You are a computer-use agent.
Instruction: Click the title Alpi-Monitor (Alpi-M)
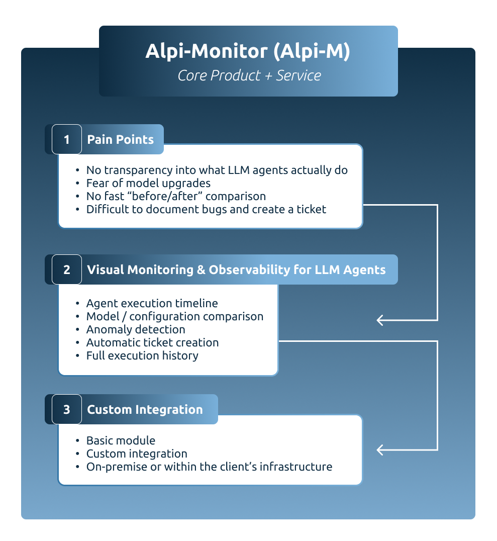click(248, 52)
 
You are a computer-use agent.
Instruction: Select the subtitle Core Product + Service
click(249, 75)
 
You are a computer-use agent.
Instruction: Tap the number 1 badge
click(66, 139)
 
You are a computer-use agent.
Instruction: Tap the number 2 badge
click(66, 269)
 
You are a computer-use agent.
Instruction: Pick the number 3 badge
click(66, 409)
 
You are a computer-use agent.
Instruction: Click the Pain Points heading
click(120, 139)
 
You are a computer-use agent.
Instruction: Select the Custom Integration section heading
click(145, 409)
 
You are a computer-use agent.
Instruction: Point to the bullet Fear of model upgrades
click(148, 183)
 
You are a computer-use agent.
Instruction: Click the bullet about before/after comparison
click(176, 196)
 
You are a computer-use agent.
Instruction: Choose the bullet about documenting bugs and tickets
click(206, 209)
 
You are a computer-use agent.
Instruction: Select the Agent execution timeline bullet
click(152, 303)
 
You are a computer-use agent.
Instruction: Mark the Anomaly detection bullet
click(136, 329)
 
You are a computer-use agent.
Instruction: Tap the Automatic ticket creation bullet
click(152, 342)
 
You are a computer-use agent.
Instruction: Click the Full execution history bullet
click(142, 355)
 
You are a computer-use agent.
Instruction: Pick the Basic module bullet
click(121, 440)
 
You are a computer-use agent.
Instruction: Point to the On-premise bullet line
click(209, 467)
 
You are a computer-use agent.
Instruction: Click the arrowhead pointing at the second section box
click(380, 320)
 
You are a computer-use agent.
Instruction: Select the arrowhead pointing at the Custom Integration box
click(380, 449)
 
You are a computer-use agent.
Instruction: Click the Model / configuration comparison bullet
click(174, 316)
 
